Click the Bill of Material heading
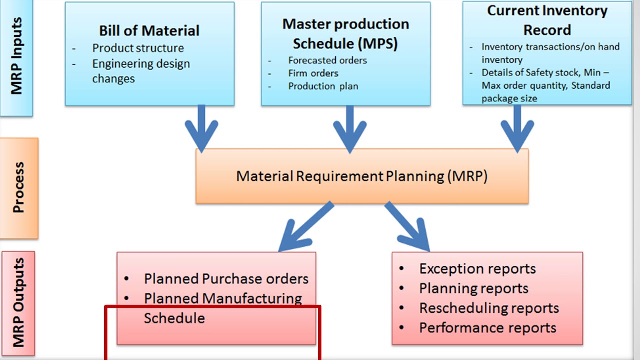149,31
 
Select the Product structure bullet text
138,48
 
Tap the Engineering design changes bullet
141,71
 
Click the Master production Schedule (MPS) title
345,34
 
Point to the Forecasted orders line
327,60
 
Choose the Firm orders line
313,73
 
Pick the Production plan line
323,86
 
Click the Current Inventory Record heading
547,20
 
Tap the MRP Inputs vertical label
16,56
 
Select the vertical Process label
19,187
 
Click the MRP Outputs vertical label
19,303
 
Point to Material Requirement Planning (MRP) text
362,176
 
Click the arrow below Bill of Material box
201,128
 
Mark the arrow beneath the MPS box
350,129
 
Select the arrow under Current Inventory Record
517,129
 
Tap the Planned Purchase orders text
226,279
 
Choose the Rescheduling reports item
489,308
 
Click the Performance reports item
488,328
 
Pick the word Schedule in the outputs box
174,318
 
